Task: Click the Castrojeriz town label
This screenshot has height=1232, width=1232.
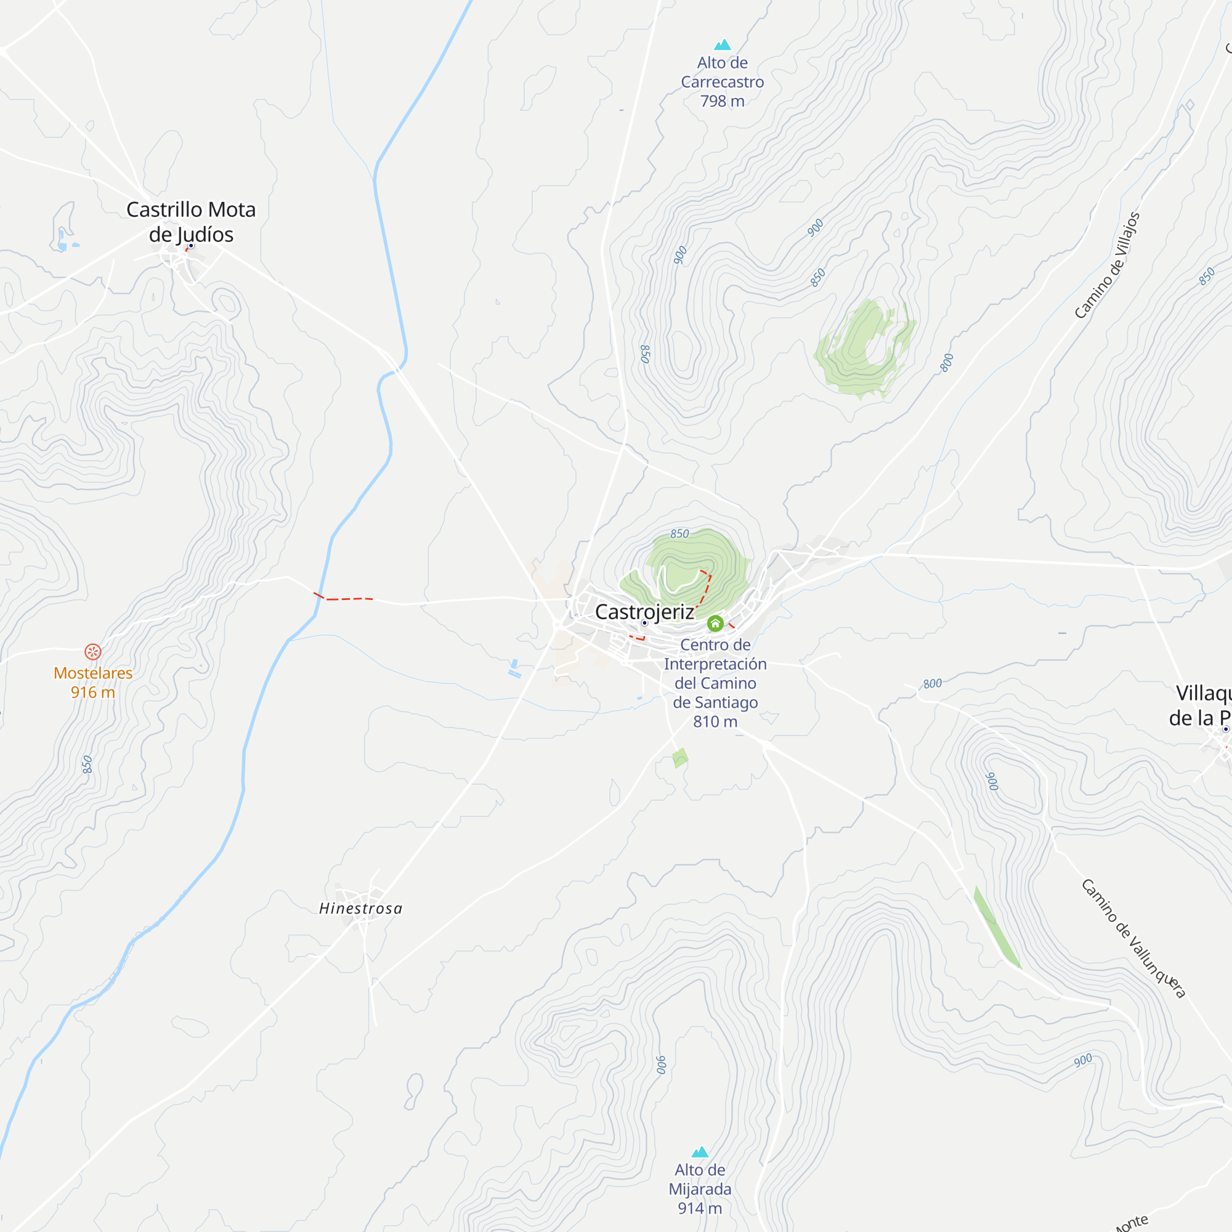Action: (644, 612)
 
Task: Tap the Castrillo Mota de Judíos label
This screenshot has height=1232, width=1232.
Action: (191, 221)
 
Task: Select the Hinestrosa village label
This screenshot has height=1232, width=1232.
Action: (361, 909)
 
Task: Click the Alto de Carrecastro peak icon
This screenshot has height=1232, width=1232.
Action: (723, 44)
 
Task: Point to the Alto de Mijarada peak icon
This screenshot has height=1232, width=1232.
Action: (700, 1152)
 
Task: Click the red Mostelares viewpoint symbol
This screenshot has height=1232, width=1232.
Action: (93, 652)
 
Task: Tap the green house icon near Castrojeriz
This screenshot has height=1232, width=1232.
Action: (715, 623)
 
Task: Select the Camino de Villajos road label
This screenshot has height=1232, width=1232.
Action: (1107, 265)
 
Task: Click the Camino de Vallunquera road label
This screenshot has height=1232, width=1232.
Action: (1133, 938)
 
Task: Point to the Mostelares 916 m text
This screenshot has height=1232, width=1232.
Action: (93, 683)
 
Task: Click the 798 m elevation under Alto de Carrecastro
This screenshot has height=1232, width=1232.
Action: (723, 102)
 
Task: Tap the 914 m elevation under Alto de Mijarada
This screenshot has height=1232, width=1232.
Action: (700, 1209)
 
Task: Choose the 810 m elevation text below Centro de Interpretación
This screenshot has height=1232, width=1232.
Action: (715, 722)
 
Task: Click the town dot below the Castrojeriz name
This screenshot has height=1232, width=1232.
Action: (645, 623)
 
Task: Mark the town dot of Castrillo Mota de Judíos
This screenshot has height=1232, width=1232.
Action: (191, 246)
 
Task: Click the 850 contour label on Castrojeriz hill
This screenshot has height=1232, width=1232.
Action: (680, 533)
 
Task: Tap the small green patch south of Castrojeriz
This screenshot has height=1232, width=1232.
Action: (680, 758)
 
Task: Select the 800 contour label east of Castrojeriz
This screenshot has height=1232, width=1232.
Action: (932, 684)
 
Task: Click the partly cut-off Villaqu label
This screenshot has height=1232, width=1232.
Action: (1202, 705)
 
